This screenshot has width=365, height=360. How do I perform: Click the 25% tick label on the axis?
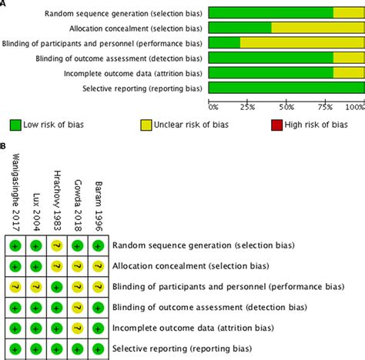[x=247, y=106]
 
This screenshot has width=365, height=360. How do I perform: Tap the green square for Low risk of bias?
[x=15, y=124]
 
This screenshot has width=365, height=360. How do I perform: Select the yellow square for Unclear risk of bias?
[x=146, y=124]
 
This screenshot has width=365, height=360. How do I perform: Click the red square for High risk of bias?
[x=276, y=124]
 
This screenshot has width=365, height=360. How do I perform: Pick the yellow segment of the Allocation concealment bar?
[x=317, y=28]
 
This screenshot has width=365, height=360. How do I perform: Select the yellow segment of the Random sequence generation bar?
[x=348, y=12]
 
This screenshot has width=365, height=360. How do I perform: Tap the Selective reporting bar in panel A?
[x=286, y=88]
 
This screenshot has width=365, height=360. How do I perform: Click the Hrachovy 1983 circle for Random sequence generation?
[x=57, y=246]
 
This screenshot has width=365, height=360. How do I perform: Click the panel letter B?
[x=4, y=145]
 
